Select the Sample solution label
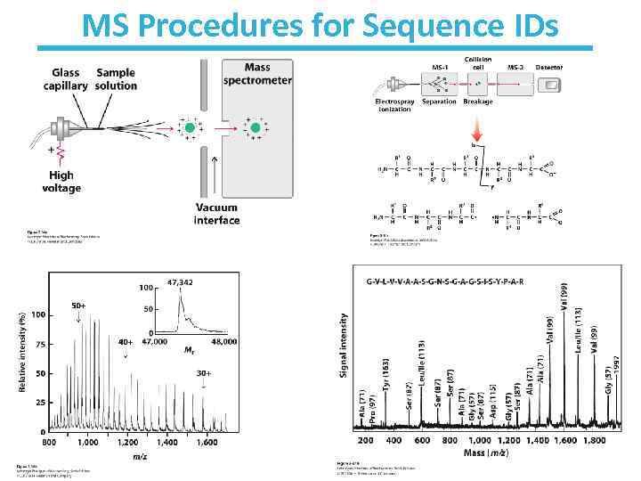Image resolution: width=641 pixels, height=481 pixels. tap(117, 79)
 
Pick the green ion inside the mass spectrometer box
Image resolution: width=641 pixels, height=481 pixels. tap(256, 129)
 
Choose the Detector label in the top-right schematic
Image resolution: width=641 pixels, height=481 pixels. tap(549, 65)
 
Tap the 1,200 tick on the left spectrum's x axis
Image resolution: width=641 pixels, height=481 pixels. tap(128, 443)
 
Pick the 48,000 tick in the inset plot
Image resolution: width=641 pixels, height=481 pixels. tap(223, 341)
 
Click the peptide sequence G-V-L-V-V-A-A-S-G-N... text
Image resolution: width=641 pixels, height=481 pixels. tap(444, 282)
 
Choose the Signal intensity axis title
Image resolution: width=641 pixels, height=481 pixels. tap(344, 344)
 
